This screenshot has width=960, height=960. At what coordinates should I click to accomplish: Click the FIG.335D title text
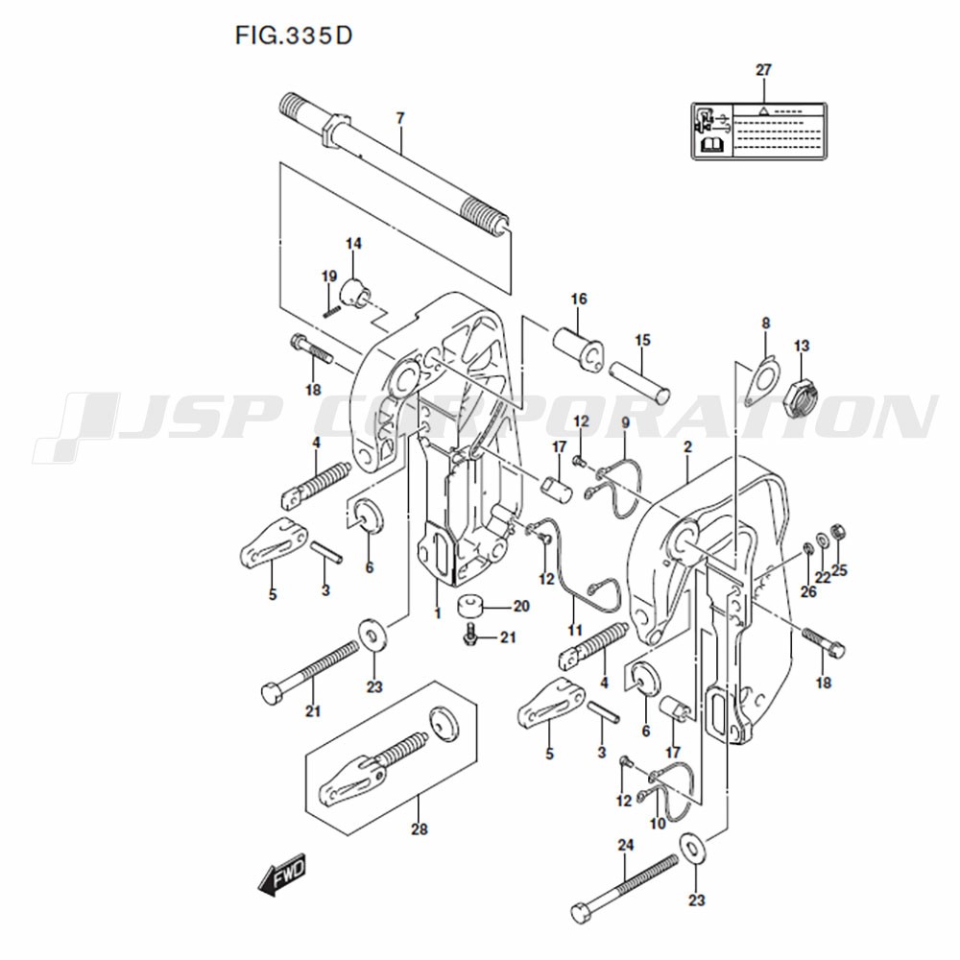294,36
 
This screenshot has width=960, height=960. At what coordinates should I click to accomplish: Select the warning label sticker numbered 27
759,131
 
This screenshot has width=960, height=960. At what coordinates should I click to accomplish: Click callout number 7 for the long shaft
400,117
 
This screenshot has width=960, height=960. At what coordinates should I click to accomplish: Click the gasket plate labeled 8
763,381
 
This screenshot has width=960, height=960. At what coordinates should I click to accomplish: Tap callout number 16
579,299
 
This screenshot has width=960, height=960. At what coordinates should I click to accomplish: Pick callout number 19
329,276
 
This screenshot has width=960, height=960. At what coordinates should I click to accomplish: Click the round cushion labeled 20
470,606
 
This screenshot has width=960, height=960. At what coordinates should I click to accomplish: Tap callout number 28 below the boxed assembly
420,829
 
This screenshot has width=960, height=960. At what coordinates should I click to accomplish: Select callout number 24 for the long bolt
626,846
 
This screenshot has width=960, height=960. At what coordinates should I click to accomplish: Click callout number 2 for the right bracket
687,447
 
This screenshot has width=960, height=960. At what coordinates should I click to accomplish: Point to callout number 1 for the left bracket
437,612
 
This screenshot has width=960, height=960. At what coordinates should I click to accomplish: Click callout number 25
839,570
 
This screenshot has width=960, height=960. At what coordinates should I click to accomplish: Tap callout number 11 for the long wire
574,630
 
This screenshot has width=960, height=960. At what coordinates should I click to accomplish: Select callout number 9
625,422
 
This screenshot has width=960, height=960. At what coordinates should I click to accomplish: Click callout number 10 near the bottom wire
658,824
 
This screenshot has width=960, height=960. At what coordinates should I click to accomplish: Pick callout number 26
808,591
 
